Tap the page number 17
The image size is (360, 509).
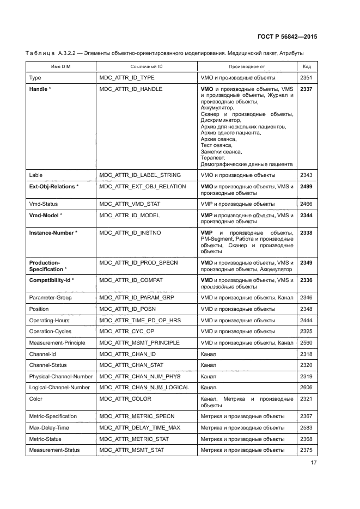click(313, 463)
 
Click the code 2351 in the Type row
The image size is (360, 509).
click(307, 78)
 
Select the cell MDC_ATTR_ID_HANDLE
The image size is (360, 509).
click(131, 89)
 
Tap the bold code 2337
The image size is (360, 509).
click(307, 89)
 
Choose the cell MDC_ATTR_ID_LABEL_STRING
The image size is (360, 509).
click(140, 175)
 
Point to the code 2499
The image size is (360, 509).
click(307, 186)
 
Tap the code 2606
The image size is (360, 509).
click(307, 387)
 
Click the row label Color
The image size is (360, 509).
click(35, 398)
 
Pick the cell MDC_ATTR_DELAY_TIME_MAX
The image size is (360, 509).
click(140, 427)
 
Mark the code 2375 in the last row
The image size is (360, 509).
click(307, 450)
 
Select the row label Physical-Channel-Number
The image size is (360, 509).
click(60, 376)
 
